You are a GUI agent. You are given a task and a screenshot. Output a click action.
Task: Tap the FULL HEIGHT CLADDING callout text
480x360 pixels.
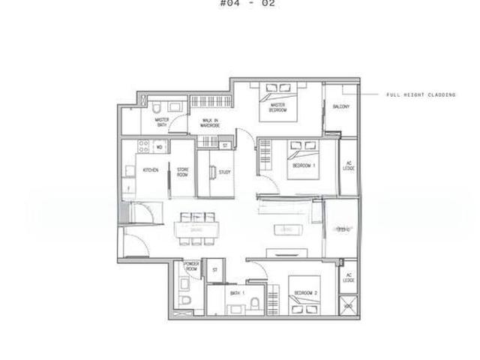(x=421, y=95)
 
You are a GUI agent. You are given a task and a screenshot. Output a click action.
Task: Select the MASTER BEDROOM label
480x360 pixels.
(x=279, y=107)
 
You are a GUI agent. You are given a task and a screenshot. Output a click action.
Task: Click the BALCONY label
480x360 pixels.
(x=340, y=107)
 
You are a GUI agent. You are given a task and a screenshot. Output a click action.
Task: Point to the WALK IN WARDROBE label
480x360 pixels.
(x=209, y=122)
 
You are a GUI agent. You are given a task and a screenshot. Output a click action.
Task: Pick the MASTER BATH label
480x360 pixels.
(x=160, y=121)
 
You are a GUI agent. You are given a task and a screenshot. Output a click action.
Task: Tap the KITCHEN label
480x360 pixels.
(x=150, y=170)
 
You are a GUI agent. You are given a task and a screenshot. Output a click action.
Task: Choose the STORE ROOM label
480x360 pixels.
(x=183, y=172)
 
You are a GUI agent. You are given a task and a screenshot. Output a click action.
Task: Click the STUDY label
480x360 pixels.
(x=223, y=172)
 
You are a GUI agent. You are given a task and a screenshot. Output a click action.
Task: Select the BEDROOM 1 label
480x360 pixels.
(x=303, y=165)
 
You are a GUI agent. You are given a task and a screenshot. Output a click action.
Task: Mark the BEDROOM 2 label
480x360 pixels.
(x=305, y=292)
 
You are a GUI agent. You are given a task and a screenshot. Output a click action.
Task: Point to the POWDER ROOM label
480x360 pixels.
(x=190, y=267)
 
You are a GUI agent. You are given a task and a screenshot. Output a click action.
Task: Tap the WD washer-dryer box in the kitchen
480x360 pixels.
(x=159, y=147)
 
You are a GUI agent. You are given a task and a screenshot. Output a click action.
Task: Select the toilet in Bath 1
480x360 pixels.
(x=256, y=303)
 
